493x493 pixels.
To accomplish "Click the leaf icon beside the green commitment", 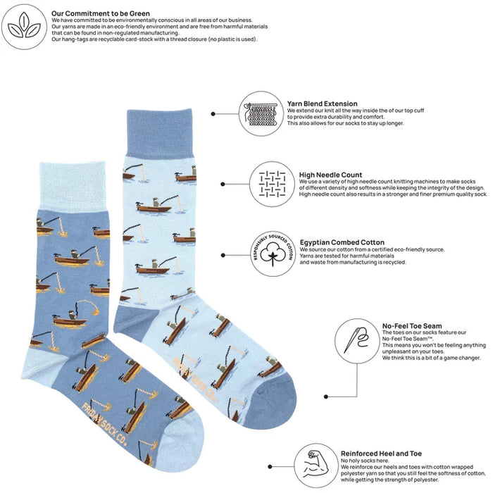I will pos(25,27).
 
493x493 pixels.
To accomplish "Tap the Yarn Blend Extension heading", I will pos(322,104).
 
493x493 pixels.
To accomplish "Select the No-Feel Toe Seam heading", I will pos(412,326).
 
